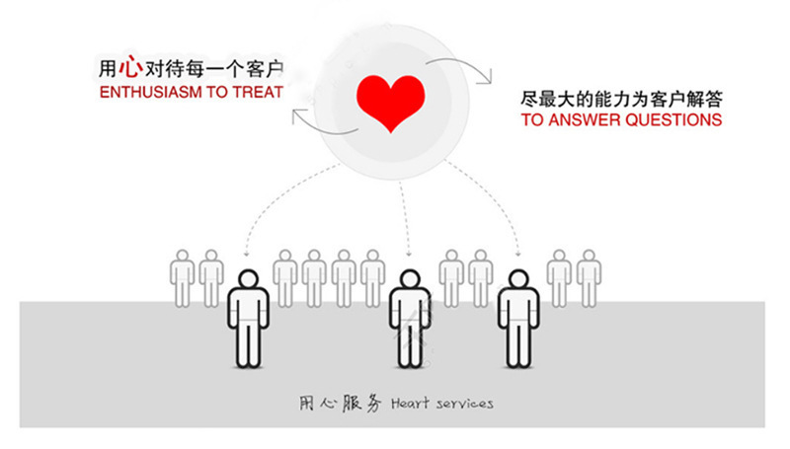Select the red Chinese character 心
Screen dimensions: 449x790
coord(128,68)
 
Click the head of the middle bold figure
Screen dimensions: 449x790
coord(408,281)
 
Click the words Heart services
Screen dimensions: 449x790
coord(442,404)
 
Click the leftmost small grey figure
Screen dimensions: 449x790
coord(183,276)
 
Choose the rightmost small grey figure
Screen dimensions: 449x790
coord(589,276)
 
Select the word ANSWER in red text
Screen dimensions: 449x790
coord(577,120)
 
